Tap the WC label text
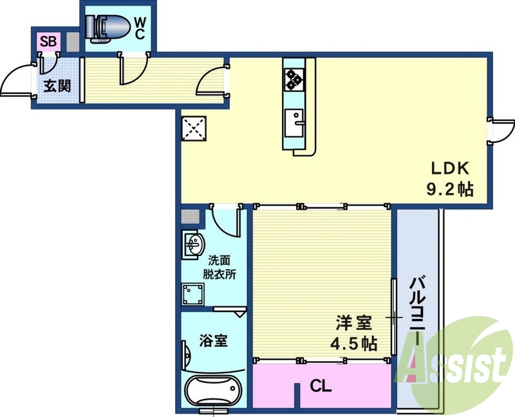coord(140,28)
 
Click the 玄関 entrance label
coord(57,86)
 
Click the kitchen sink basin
coord(297,120)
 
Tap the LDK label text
coord(451,169)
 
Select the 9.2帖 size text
coord(450,189)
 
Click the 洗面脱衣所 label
coord(220,266)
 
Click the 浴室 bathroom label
coord(212,340)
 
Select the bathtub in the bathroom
coord(212,391)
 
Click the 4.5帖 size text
coord(353,343)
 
